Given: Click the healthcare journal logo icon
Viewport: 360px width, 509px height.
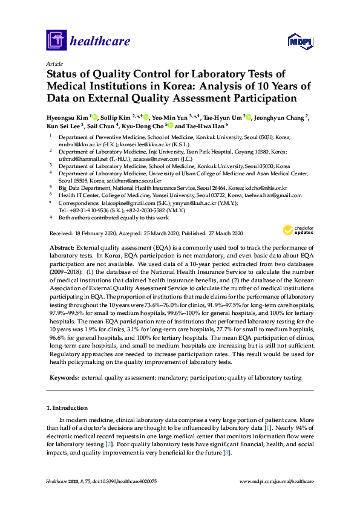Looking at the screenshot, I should tap(56, 41).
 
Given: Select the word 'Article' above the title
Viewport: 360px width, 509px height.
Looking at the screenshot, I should tap(54, 63).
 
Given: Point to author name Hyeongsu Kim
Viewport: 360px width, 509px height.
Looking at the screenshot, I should tap(67, 117).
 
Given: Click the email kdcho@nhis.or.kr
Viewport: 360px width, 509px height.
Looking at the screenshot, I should tap(264, 188).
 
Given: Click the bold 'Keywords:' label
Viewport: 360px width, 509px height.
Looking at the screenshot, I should tap(64, 377).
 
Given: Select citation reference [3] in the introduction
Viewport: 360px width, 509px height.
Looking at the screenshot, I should tap(226, 452).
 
